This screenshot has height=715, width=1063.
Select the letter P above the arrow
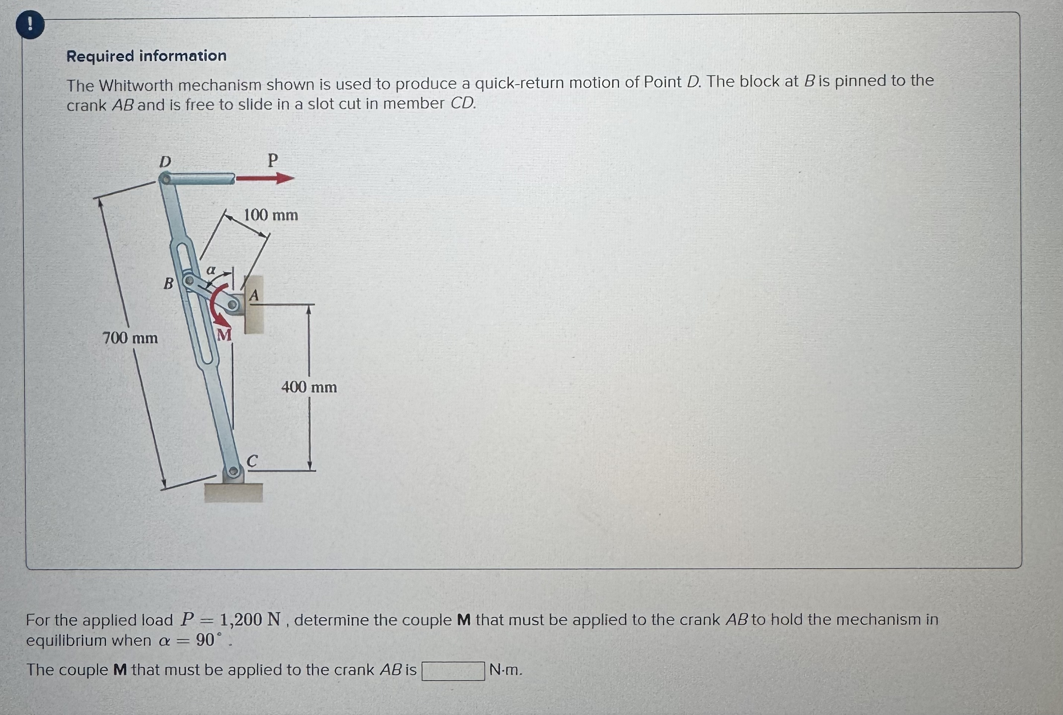pos(272,161)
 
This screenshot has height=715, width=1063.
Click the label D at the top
pos(165,162)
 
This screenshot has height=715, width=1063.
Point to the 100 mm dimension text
pos(271,215)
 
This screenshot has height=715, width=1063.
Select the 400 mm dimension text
pos(309,388)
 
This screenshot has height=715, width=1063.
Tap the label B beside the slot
pos(168,284)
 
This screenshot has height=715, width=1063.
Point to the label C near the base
pos(252,461)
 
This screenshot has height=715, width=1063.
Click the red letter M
pos(223,336)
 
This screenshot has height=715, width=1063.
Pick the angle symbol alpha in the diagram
pos(211,270)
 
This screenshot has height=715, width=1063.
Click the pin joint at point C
pos(233,471)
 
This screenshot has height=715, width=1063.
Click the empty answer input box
pos(453,671)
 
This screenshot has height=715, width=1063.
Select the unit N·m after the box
pos(505,670)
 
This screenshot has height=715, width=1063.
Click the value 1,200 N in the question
pos(250,619)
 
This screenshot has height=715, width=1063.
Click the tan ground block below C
pos(234,493)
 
